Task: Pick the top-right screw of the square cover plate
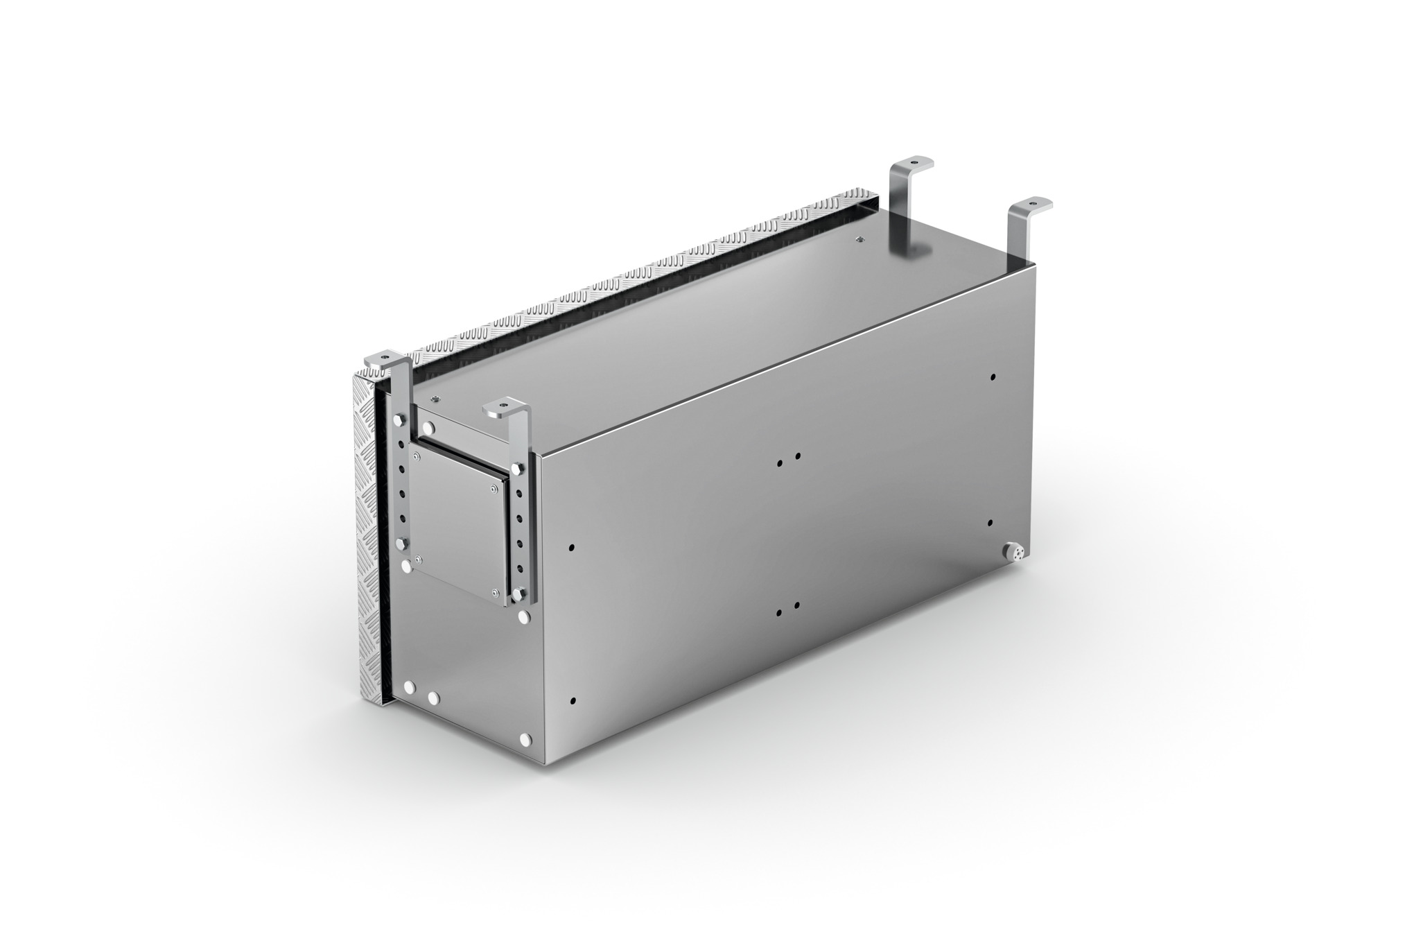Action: point(493,490)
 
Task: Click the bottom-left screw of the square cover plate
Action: point(418,560)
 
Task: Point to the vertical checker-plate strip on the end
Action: point(368,534)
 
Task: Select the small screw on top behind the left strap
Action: point(435,398)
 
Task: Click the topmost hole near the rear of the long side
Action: point(993,378)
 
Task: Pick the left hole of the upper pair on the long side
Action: point(780,462)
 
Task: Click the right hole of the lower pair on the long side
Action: point(797,605)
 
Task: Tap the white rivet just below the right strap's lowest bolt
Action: point(525,615)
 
